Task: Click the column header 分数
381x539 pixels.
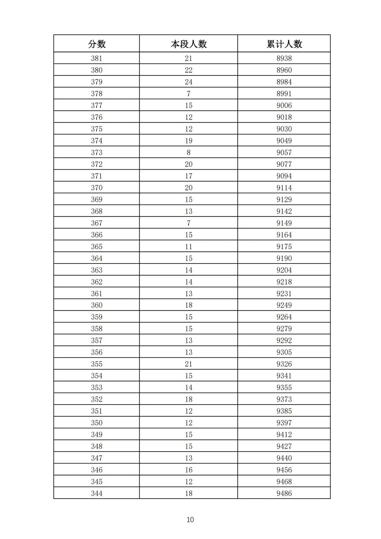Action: pyautogui.click(x=97, y=44)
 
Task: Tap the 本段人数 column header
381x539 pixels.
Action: pyautogui.click(x=189, y=44)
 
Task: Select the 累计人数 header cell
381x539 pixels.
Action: pyautogui.click(x=284, y=44)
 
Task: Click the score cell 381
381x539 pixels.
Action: pyautogui.click(x=97, y=58)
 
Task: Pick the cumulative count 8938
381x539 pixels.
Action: pyautogui.click(x=284, y=58)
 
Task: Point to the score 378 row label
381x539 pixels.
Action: pyautogui.click(x=97, y=93)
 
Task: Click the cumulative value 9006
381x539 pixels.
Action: pyautogui.click(x=284, y=105)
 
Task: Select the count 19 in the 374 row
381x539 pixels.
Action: pyautogui.click(x=189, y=140)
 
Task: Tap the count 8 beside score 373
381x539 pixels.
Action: pyautogui.click(x=189, y=152)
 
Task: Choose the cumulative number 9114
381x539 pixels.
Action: pyautogui.click(x=284, y=188)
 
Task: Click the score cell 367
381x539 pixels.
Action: pyautogui.click(x=97, y=223)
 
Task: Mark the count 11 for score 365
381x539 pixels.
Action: pyautogui.click(x=189, y=246)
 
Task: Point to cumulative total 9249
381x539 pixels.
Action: pyautogui.click(x=284, y=305)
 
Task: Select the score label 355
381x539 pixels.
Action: pyautogui.click(x=97, y=364)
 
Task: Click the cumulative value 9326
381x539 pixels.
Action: pyautogui.click(x=284, y=364)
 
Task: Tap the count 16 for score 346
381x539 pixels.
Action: pyautogui.click(x=189, y=470)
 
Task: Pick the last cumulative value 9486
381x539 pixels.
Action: pyautogui.click(x=284, y=493)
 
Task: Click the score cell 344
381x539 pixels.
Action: pyautogui.click(x=97, y=493)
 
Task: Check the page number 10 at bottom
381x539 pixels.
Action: pyautogui.click(x=190, y=520)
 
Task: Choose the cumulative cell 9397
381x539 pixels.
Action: pyautogui.click(x=284, y=423)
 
